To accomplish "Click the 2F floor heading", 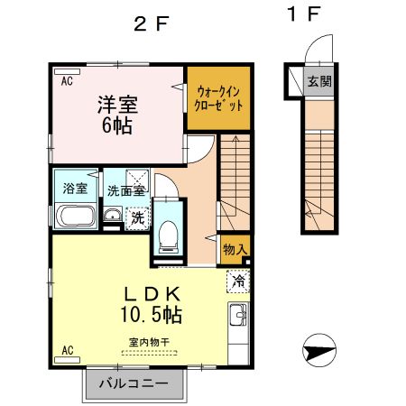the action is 151,23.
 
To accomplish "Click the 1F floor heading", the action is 303,14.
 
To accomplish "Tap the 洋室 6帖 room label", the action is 117,115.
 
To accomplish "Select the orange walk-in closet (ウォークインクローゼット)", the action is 219,98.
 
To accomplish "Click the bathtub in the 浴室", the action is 76,216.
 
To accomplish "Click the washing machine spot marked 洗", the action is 138,218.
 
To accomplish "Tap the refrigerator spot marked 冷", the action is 238,281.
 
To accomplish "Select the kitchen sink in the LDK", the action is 238,315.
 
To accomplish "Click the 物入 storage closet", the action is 235,249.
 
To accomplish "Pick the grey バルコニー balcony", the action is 134,383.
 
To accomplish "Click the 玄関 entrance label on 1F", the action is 319,81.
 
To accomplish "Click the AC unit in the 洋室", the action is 67,72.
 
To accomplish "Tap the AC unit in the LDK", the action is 67,360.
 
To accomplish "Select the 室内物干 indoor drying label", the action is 149,342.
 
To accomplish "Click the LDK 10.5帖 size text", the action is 152,315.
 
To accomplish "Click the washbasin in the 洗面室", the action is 113,215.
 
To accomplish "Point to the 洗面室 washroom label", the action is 126,191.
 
